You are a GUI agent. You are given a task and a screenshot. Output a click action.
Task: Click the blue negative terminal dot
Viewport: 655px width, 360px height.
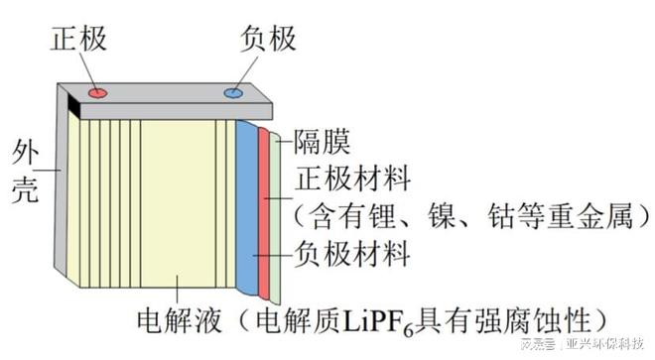tap(233, 93)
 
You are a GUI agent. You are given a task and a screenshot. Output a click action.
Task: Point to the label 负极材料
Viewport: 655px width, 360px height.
tap(353, 255)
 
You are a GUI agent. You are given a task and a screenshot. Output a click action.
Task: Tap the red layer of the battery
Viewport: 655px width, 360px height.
tap(264, 213)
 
